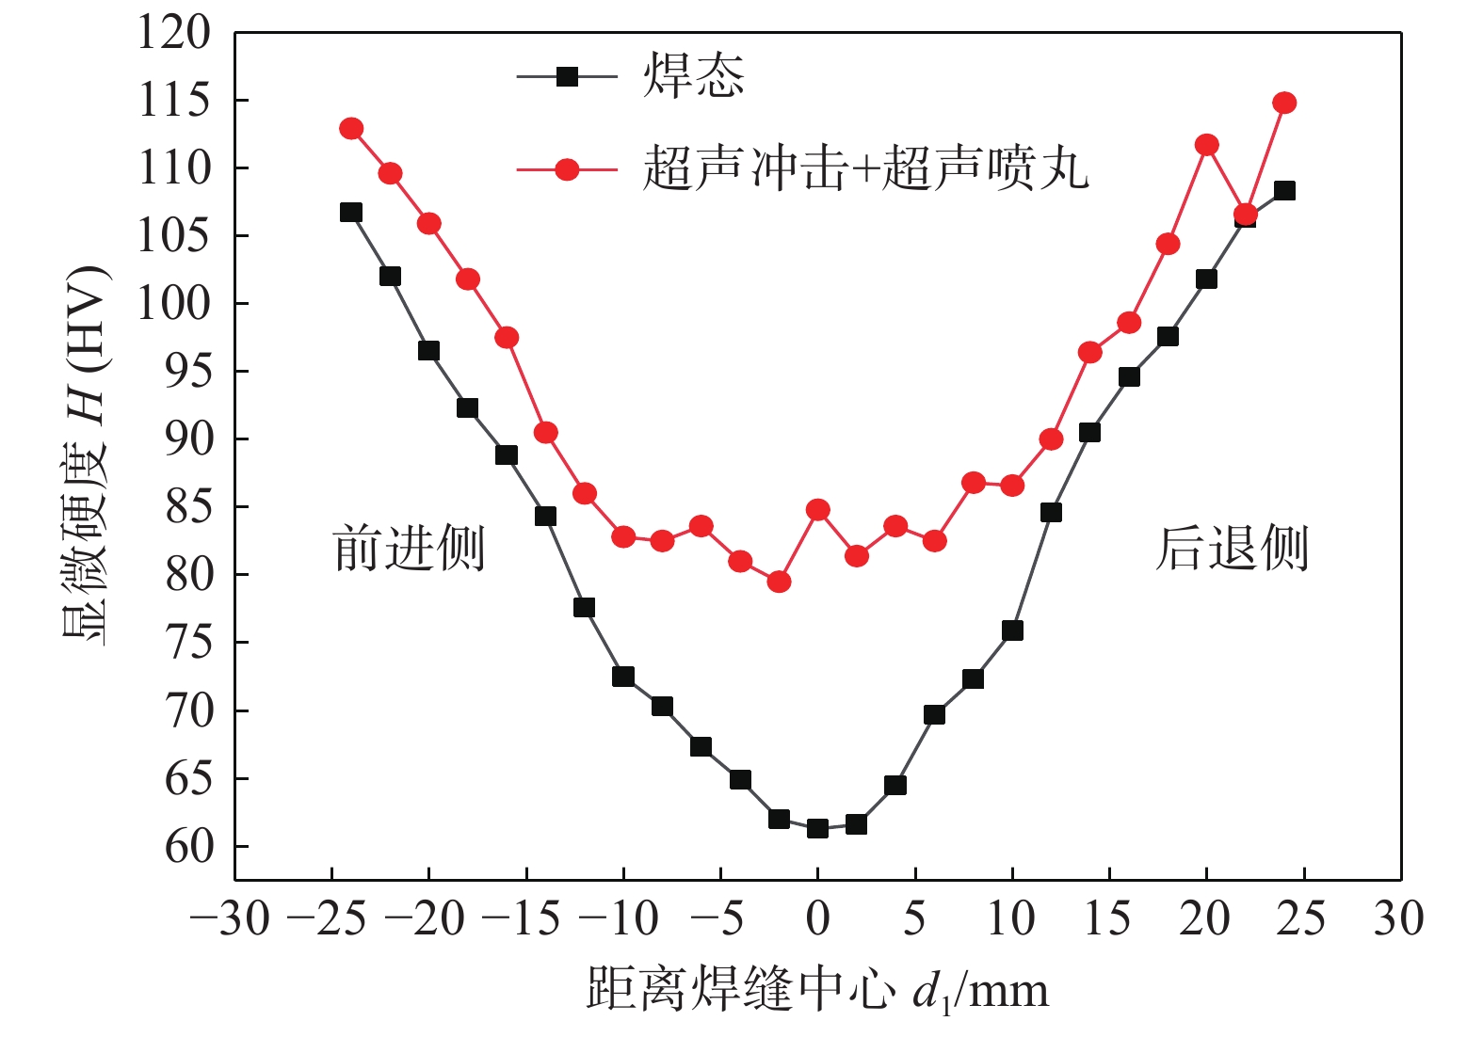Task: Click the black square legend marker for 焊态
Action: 567,76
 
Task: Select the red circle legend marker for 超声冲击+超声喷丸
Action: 567,169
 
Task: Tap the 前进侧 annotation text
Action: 409,549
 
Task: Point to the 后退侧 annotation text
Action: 1232,549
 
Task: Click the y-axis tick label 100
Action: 175,303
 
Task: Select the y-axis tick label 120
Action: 175,32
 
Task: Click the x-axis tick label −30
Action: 231,918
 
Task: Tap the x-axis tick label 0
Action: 817,918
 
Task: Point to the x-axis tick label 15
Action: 1107,918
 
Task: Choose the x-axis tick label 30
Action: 1398,918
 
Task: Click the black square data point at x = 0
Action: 817,828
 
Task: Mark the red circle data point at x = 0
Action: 817,510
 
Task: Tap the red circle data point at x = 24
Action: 1284,103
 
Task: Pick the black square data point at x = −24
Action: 351,212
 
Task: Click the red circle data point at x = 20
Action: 1206,145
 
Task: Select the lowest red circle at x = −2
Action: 779,582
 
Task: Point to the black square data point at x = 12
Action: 1051,512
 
